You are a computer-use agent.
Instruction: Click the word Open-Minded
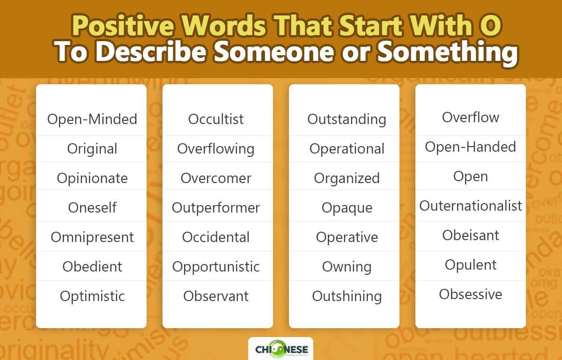(x=92, y=119)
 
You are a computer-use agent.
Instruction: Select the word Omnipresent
(x=92, y=237)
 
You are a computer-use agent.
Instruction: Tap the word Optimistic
(x=92, y=296)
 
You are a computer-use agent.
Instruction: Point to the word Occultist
(x=216, y=119)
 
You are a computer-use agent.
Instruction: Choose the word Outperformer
(x=216, y=207)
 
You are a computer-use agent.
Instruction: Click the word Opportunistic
(x=216, y=266)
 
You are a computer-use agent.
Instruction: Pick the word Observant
(x=216, y=296)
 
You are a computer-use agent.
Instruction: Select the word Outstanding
(x=347, y=119)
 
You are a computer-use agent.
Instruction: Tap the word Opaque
(x=347, y=207)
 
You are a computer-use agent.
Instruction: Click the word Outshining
(x=347, y=296)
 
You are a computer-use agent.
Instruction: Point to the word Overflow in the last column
(x=471, y=117)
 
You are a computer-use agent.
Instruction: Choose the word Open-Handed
(x=471, y=147)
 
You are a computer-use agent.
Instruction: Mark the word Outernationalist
(x=471, y=206)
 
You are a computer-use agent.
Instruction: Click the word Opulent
(x=471, y=264)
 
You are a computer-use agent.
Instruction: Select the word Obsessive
(x=471, y=294)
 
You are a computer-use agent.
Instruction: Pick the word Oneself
(x=92, y=207)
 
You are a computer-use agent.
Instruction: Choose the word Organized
(x=347, y=178)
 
